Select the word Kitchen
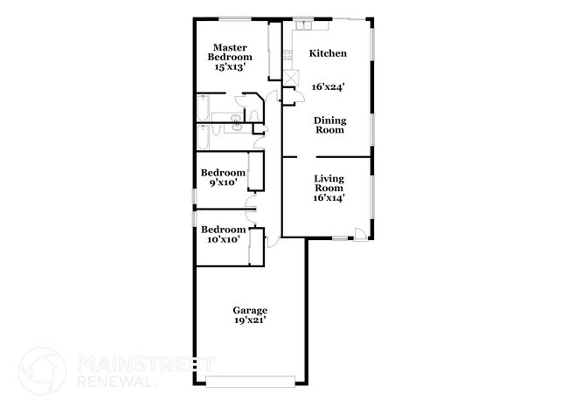pyautogui.click(x=329, y=53)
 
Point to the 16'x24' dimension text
pyautogui.click(x=329, y=86)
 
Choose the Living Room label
pyautogui.click(x=329, y=182)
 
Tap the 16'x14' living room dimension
pyautogui.click(x=329, y=197)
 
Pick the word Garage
pyautogui.click(x=250, y=310)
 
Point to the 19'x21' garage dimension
pyautogui.click(x=250, y=320)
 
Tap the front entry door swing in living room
pyautogui.click(x=360, y=231)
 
